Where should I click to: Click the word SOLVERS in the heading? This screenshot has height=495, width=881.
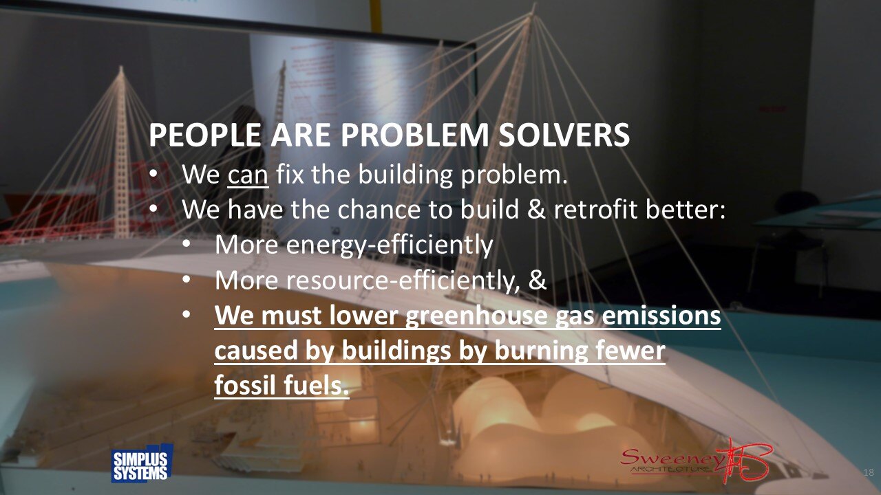point(564,135)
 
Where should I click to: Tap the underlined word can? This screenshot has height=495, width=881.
point(248,175)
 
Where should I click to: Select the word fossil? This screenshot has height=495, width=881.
point(242,386)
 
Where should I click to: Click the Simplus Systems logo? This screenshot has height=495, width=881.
point(141,464)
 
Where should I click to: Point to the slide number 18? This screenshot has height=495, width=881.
point(868,472)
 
